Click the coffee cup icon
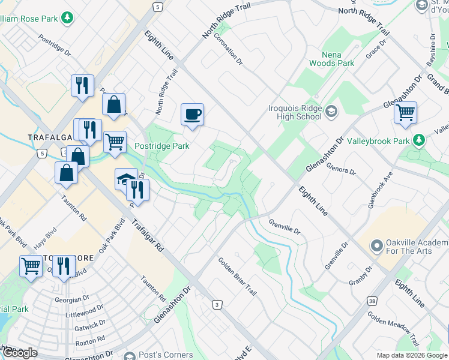192,114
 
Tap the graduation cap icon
125,179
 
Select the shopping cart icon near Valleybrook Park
406,112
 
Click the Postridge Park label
162,146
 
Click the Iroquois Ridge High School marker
331,111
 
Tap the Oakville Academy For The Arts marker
376,245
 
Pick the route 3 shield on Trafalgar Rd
216,305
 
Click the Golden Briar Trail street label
237,276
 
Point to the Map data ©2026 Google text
411,355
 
